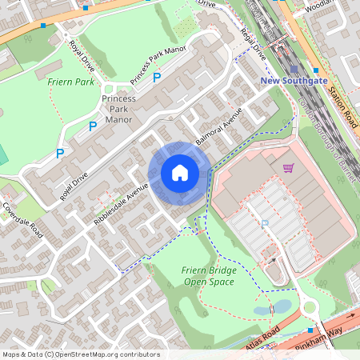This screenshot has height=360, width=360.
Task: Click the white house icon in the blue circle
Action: point(179,173)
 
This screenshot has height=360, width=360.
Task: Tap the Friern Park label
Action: point(71,82)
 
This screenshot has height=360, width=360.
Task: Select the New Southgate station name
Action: point(294,82)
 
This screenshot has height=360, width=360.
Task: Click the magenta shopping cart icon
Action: point(288,168)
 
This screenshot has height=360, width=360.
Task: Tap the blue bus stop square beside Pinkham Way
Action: point(310,330)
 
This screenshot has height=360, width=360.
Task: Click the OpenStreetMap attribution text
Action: point(81,354)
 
